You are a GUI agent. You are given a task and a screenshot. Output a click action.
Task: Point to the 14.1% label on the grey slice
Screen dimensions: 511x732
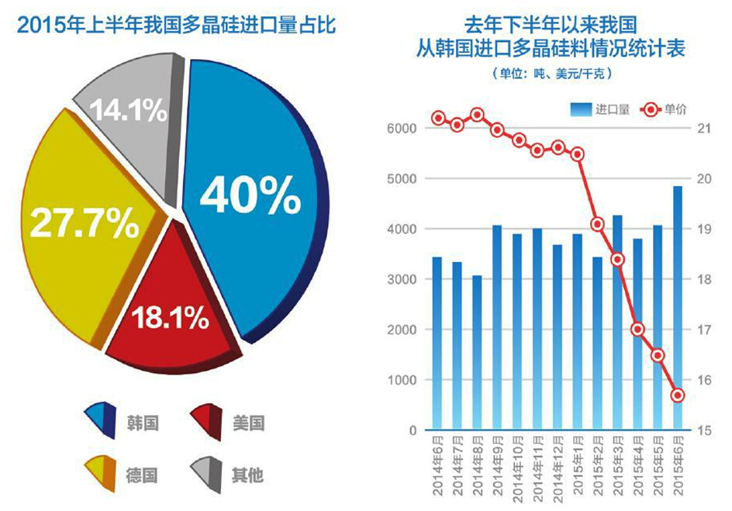tap(129, 111)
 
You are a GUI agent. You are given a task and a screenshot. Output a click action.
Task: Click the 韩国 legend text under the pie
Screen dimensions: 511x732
tap(143, 423)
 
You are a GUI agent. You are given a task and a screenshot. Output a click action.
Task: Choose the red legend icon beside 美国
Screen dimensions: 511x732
tap(206, 423)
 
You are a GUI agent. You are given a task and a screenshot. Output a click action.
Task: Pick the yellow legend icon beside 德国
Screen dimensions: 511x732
tap(99, 473)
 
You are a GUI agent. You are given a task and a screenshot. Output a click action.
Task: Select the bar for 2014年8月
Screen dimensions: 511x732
tap(476, 353)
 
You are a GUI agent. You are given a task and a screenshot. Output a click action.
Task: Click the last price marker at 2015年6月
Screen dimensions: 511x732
tap(677, 395)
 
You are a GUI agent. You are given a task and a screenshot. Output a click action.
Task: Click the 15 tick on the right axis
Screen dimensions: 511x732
tap(704, 430)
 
